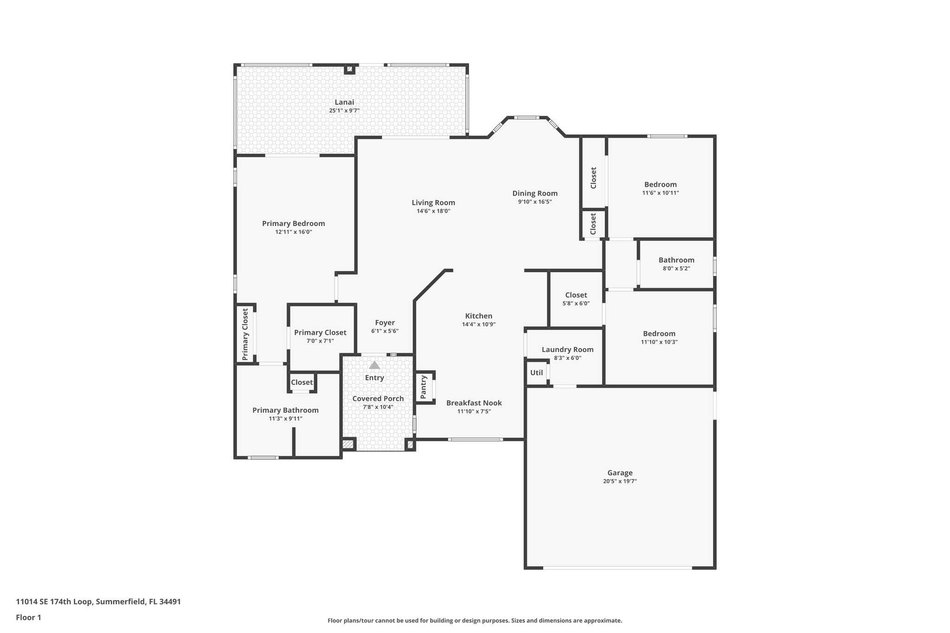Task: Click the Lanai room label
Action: pos(344,102)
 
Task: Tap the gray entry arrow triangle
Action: pos(374,365)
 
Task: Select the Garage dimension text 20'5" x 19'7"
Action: pos(620,481)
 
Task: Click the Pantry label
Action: pos(424,387)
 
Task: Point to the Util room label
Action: pos(536,372)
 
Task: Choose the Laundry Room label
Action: pos(567,350)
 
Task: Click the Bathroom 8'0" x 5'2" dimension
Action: pos(676,268)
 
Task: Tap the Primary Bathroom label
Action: pos(285,410)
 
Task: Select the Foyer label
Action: pos(385,323)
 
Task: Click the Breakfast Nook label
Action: pos(474,403)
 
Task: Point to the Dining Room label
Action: pos(535,193)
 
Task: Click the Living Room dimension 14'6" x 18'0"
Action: pos(433,211)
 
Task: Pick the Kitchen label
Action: pos(479,316)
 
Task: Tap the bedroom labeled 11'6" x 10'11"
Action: pos(660,185)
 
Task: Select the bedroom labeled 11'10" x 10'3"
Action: pos(659,334)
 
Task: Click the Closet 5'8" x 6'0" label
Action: pos(576,295)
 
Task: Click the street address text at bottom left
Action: pos(98,602)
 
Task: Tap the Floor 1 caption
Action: pos(29,617)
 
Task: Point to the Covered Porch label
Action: pos(378,398)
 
